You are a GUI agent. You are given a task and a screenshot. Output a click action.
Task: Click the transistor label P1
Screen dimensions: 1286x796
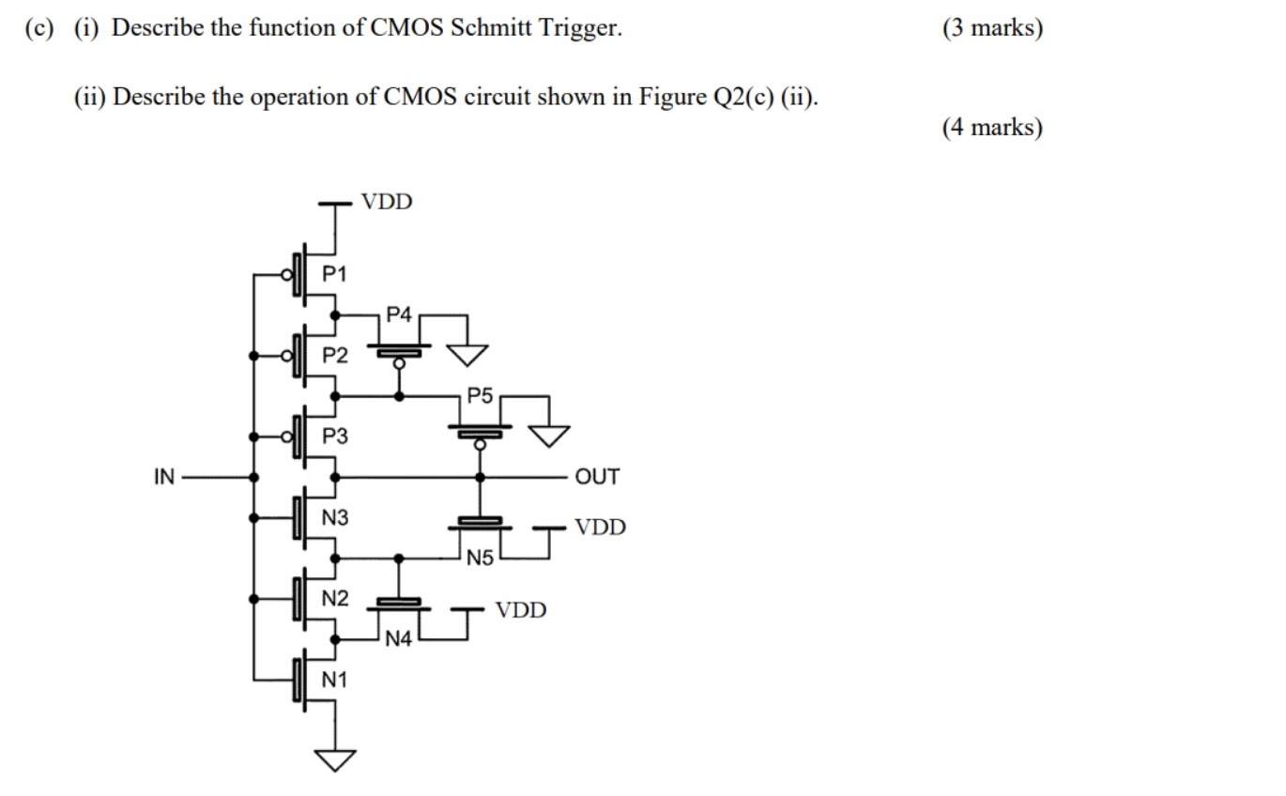pyautogui.click(x=334, y=274)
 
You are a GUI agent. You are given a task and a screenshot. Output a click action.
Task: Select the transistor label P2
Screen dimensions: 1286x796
pyautogui.click(x=334, y=356)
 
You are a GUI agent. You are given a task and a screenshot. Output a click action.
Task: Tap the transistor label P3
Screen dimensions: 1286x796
pyautogui.click(x=334, y=436)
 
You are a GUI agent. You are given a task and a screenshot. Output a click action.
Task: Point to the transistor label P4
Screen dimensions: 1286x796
pyautogui.click(x=399, y=315)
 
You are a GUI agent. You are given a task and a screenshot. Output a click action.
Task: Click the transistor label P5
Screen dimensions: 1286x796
pyautogui.click(x=480, y=396)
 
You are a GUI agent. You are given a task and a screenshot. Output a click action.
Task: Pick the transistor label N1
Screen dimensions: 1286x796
pyautogui.click(x=334, y=681)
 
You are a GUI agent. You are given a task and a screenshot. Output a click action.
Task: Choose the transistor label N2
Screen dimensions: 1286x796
pyautogui.click(x=334, y=599)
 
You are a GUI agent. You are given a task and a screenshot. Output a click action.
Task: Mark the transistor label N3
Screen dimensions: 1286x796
pyautogui.click(x=334, y=517)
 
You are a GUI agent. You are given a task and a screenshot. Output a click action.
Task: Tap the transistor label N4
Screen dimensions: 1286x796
pyautogui.click(x=399, y=640)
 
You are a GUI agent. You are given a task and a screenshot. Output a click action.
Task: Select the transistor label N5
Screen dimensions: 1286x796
pyautogui.click(x=480, y=559)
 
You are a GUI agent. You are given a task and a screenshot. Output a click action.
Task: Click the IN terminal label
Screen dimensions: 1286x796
pyautogui.click(x=164, y=477)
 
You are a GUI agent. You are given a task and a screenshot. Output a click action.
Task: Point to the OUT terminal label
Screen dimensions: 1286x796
pyautogui.click(x=597, y=477)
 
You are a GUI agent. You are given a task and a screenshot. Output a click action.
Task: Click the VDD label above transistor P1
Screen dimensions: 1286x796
pyautogui.click(x=387, y=202)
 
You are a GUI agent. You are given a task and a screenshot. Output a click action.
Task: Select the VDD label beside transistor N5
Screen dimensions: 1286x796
pyautogui.click(x=600, y=528)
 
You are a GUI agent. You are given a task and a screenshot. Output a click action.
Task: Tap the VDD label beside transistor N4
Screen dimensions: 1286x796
pyautogui.click(x=521, y=611)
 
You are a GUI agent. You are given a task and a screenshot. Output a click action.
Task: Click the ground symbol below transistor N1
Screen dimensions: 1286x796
pyautogui.click(x=335, y=758)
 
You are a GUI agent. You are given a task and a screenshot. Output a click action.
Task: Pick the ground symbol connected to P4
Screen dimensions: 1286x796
pyautogui.click(x=467, y=353)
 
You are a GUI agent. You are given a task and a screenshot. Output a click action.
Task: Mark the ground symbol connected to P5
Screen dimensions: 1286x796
pyautogui.click(x=548, y=435)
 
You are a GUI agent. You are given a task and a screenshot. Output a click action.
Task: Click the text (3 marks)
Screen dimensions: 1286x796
pyautogui.click(x=992, y=28)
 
